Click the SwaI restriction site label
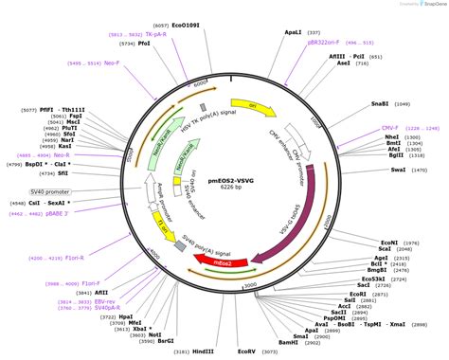tap(397, 170)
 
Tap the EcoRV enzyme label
tap(246, 351)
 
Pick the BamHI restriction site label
tap(288, 342)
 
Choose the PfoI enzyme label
tap(144, 43)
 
